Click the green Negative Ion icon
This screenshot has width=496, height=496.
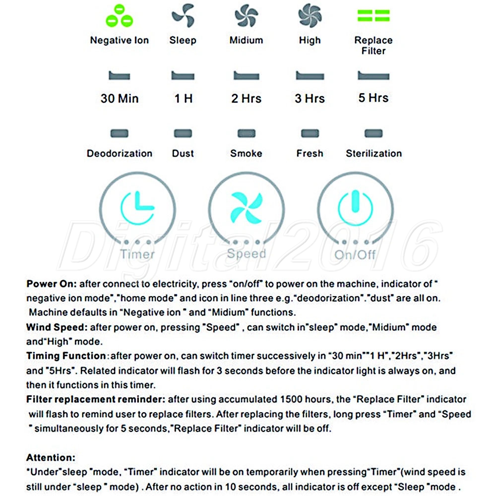119,16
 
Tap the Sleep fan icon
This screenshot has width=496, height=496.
183,17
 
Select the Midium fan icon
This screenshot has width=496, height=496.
246,17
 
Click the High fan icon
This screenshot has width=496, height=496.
310,17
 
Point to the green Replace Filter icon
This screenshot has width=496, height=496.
373,16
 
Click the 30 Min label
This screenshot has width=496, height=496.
119,98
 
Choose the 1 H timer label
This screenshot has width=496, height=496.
183,98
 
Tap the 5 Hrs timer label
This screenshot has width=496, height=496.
373,98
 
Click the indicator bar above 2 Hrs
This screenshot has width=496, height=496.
246,76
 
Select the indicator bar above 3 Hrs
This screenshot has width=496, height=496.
310,76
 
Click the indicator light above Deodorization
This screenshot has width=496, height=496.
119,134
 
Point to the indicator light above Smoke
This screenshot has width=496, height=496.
246,134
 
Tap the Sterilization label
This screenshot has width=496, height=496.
373,153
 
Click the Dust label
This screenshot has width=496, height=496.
183,153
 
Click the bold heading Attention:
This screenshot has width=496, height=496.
51,457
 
